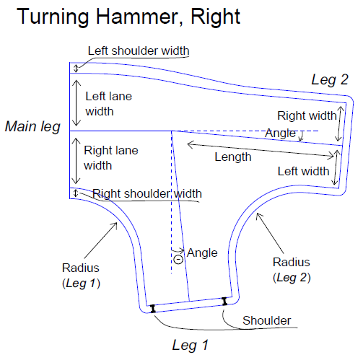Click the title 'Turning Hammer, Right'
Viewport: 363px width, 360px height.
[x=128, y=17]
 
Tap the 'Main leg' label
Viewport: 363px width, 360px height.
[x=32, y=127]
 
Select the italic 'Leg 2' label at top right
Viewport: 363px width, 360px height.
[x=330, y=80]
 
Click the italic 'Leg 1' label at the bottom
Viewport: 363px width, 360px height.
[x=190, y=346]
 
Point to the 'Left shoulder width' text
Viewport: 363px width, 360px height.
[x=139, y=51]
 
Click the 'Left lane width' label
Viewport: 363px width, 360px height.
[x=109, y=104]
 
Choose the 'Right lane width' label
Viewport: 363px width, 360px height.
[x=111, y=158]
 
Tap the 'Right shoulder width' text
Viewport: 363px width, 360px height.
[x=147, y=193]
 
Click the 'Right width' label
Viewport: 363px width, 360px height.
[x=307, y=115]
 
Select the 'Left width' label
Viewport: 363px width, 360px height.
[x=303, y=172]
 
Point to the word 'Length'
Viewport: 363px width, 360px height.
[x=233, y=157]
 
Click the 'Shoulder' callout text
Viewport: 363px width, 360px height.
[x=266, y=320]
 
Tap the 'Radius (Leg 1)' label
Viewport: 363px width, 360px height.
[x=81, y=276]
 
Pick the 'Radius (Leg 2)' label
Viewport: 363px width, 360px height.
[x=292, y=270]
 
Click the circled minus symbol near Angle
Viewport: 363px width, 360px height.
[x=178, y=259]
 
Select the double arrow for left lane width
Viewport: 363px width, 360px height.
[x=76, y=103]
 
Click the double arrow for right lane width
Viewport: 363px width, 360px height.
[x=76, y=161]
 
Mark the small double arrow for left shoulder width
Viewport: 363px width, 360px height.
[x=76, y=69]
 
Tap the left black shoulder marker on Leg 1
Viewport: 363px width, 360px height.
[x=152, y=309]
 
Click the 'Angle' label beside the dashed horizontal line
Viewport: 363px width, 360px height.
[x=280, y=133]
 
